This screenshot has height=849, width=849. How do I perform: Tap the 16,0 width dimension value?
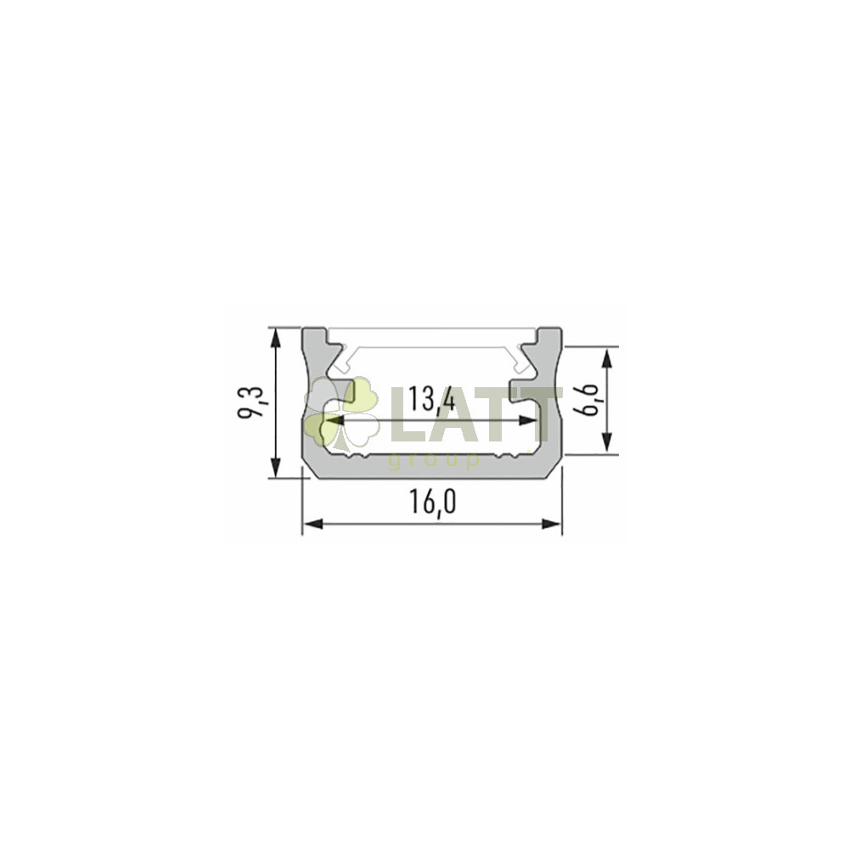point(431,503)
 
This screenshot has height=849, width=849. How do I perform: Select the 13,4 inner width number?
point(431,399)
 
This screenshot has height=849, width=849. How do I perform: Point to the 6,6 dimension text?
point(588,400)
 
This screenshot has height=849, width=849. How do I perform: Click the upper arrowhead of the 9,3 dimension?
point(276,340)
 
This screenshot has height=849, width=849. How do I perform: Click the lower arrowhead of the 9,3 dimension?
point(276,466)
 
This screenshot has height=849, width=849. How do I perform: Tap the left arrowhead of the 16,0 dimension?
point(313,524)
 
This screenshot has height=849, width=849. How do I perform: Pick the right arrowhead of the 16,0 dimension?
point(550,524)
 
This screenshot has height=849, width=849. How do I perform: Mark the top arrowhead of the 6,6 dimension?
point(608,358)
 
